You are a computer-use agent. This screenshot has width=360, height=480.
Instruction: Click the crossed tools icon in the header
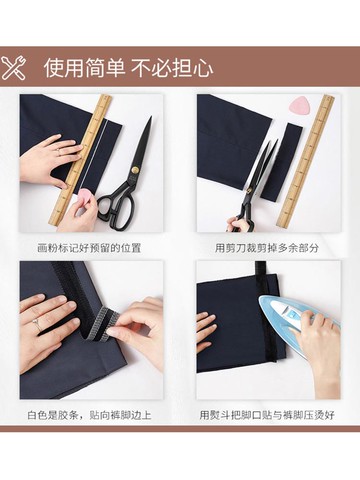coord(13,68)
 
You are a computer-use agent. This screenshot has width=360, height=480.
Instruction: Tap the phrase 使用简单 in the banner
coord(85,68)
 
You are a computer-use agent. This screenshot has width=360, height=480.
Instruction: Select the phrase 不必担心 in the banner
coord(172,68)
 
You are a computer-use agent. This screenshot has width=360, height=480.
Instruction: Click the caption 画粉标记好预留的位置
coord(89,248)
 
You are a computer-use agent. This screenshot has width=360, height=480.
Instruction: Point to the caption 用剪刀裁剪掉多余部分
coord(267,248)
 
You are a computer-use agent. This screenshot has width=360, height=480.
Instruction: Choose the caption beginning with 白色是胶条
coord(89,415)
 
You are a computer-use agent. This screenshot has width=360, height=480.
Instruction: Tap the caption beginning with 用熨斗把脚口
coord(267,415)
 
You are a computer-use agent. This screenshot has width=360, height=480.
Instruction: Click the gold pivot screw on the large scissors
coord(136,170)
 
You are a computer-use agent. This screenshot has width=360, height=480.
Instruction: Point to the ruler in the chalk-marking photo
coord(83,161)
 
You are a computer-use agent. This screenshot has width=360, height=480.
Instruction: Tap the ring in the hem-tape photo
coord(36,322)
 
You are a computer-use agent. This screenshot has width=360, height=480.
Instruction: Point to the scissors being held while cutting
coord(254,186)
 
